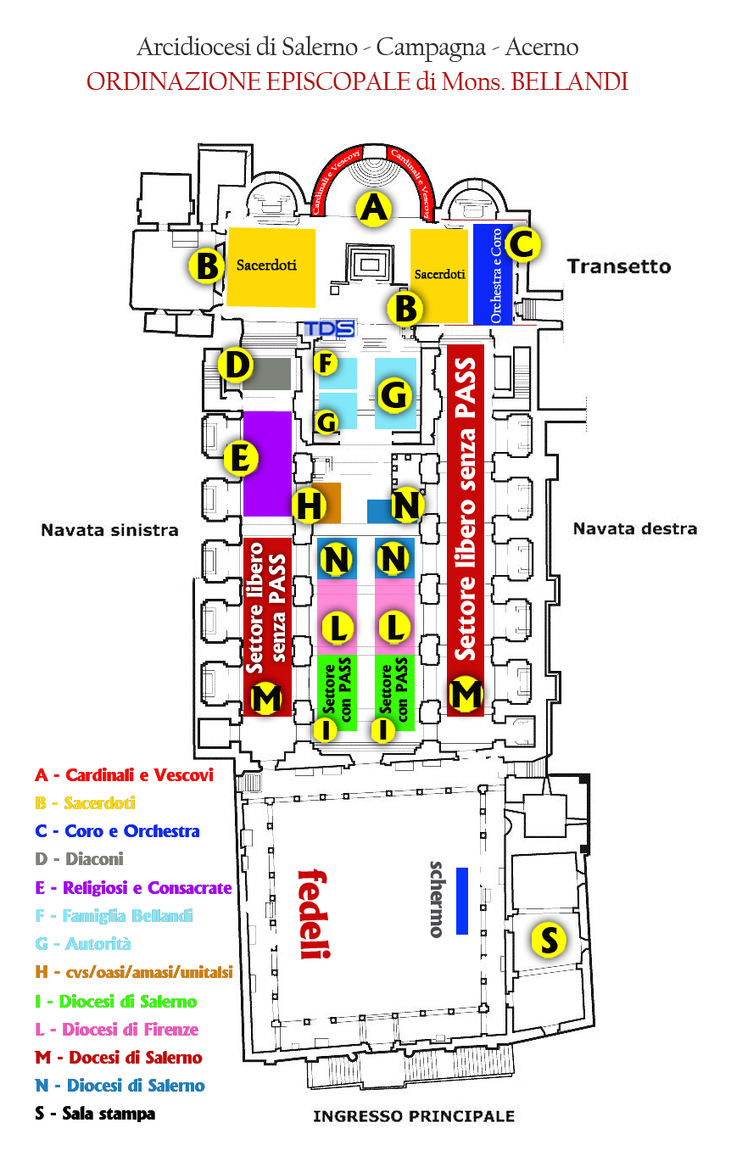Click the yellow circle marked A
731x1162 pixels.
coord(374,208)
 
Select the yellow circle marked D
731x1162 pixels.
coord(236,366)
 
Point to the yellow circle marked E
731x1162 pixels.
coord(240,460)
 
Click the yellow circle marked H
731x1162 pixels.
coord(309,506)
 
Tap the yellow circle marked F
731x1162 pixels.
coord(324,364)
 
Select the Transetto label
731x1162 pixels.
coord(618,266)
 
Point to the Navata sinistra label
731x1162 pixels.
coord(109,530)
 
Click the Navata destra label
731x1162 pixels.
coord(634,528)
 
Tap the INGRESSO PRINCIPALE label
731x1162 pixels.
coord(413,1116)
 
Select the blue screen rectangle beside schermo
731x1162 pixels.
coord(462,901)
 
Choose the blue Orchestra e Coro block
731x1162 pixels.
coord(492,274)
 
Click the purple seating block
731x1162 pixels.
coord(267,464)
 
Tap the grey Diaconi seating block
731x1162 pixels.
coord(267,374)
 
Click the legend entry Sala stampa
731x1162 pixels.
coord(95,1114)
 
